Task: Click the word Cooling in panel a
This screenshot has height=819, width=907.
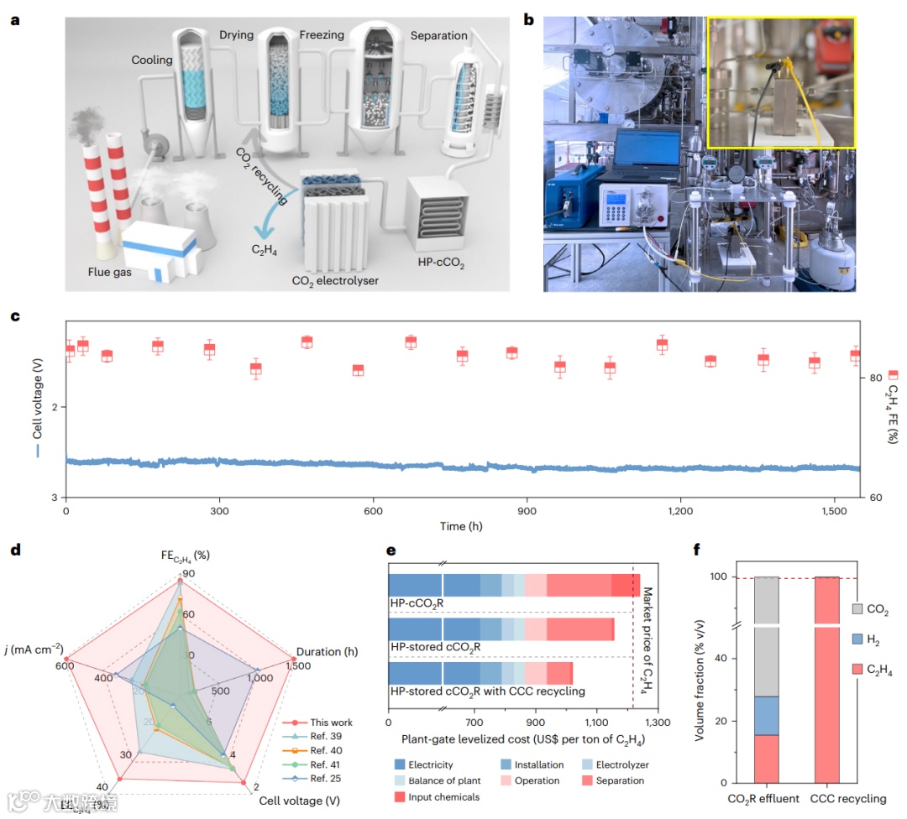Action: point(152,60)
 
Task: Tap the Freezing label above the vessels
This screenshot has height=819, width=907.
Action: point(322,35)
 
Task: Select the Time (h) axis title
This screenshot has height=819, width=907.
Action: point(462,526)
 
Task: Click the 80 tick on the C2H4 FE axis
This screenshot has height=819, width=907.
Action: point(873,378)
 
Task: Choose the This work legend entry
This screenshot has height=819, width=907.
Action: point(332,722)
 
